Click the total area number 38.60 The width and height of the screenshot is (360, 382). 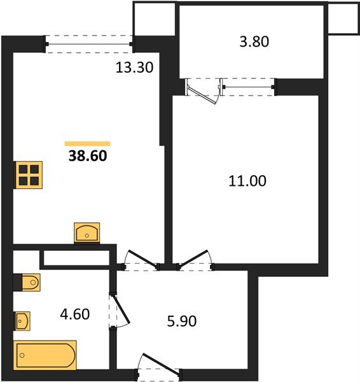click(88, 156)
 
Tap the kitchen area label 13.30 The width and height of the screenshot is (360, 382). click(134, 67)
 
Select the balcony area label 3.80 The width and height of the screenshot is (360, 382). click(254, 41)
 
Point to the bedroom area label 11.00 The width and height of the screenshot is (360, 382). click(247, 181)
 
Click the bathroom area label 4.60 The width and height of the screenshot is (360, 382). click(75, 315)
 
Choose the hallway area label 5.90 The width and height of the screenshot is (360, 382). click(182, 321)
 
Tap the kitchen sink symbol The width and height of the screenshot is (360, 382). click(87, 232)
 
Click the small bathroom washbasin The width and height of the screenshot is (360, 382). click(23, 321)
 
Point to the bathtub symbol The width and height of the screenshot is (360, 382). click(45, 355)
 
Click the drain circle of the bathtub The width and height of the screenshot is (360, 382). click(22, 355)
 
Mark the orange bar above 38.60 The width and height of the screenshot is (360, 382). click(87, 144)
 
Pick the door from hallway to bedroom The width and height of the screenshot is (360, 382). click(194, 259)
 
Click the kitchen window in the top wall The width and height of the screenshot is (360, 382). click(89, 44)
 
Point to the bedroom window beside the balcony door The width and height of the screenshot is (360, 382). click(248, 87)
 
